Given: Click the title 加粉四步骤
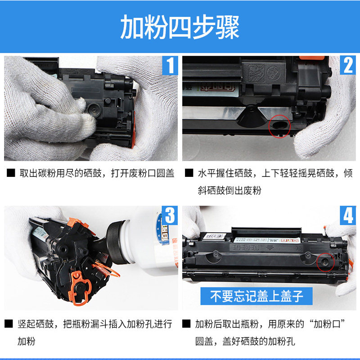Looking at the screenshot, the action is tap(180, 27).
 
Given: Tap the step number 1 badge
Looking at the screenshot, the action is tap(170, 65).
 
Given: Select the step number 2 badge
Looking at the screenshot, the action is tap(348, 65).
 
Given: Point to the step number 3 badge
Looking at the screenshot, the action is tap(170, 216).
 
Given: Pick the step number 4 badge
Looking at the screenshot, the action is tap(348, 216).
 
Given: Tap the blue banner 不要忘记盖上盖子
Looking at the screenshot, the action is tap(256, 296).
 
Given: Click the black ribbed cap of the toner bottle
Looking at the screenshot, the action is tap(118, 242).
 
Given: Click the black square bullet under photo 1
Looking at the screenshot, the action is tap(11, 173).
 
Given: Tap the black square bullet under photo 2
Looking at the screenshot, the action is tap(189, 173).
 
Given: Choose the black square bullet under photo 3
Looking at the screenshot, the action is tap(9, 324).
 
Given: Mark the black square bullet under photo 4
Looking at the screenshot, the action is tap(186, 324).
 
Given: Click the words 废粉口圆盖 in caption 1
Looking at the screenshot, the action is tap(152, 173).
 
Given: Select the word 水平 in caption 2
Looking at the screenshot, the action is tap(207, 173).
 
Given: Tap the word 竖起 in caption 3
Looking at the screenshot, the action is tap(27, 324).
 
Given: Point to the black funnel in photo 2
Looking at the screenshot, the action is tap(252, 117).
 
